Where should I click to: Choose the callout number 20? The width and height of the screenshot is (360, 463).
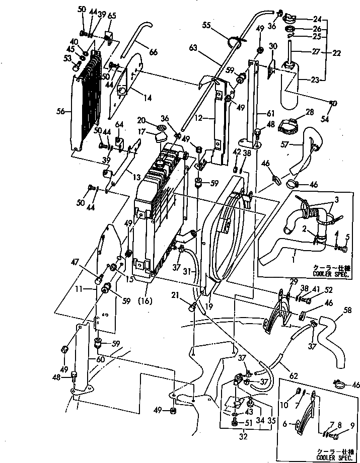142,120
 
